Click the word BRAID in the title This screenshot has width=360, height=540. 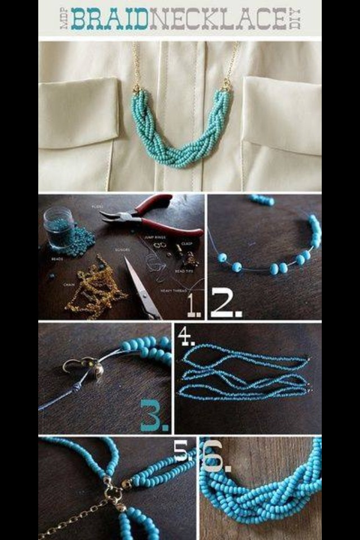coord(109,19)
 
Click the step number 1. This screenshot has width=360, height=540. coord(193,307)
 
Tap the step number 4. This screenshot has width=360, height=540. coord(185,335)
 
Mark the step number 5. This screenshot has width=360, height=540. coord(181,450)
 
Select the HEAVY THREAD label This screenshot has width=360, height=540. coord(174,290)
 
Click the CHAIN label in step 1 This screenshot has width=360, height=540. coord(70,285)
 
